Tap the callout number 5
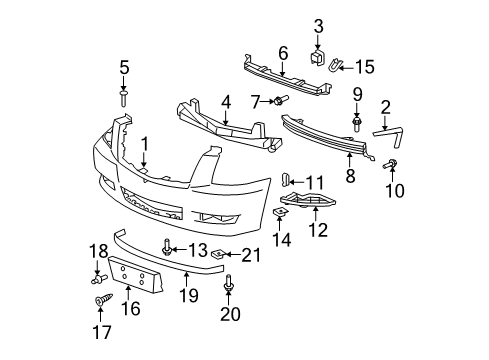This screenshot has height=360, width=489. pyautogui.click(x=124, y=68)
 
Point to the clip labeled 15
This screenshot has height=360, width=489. pyautogui.click(x=338, y=67)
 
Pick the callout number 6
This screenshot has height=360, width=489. pyautogui.click(x=283, y=53)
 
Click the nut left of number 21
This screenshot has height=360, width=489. pyautogui.click(x=227, y=257)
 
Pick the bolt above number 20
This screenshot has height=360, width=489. pyautogui.click(x=232, y=281)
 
